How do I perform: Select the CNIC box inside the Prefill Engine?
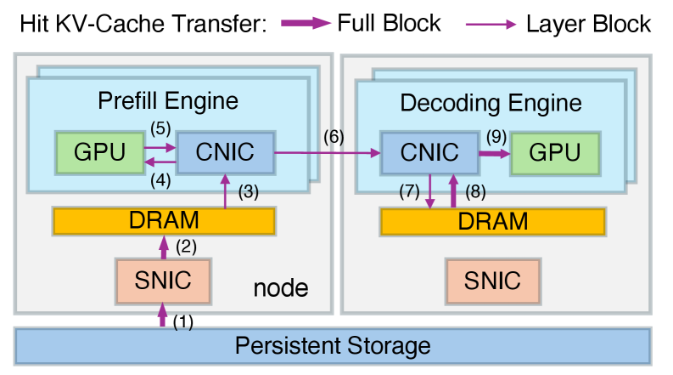(225, 152)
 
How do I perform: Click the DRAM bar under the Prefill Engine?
(164, 221)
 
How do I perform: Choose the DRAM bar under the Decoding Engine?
(492, 221)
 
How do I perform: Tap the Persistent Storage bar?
(333, 346)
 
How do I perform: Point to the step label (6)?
(334, 136)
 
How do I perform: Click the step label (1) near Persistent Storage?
(182, 321)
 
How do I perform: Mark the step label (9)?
(496, 135)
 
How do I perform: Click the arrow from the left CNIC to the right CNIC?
(327, 153)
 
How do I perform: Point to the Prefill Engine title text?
(167, 102)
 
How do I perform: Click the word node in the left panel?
(281, 288)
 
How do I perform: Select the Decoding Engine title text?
(491, 104)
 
